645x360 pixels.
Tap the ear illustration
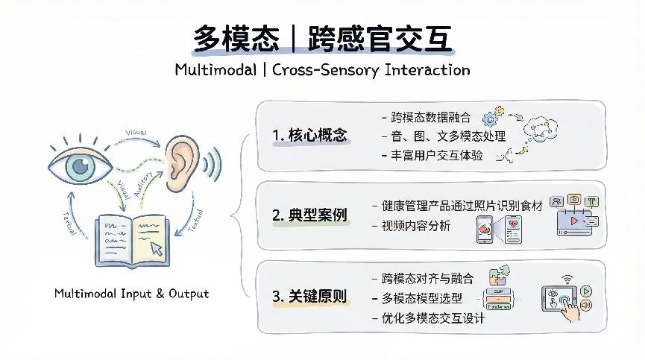pos(184,161)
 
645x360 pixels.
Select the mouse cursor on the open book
pos(157,247)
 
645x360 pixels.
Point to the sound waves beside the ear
pos(216,162)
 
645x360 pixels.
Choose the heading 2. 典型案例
pos(309,216)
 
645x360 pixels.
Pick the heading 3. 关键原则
pos(309,297)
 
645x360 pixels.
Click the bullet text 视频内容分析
pos(415,226)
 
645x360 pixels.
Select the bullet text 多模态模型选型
pos(421,298)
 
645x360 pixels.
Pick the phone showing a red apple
pos(485,230)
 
